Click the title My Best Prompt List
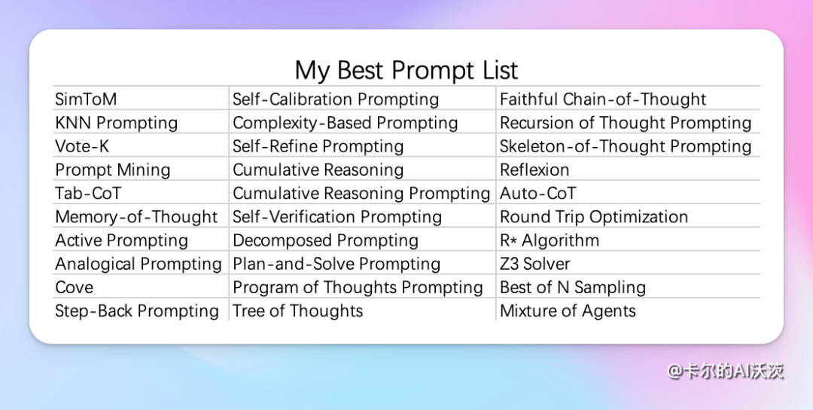point(406,71)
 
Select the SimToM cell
point(86,99)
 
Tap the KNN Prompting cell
point(117,123)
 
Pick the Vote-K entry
point(83,146)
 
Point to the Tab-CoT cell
point(88,194)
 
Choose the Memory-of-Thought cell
point(136,217)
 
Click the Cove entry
point(74,287)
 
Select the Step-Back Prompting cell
point(137,311)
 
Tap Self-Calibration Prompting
point(336,99)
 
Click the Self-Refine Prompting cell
point(318,146)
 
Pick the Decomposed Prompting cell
point(325,240)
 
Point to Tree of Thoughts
point(297,311)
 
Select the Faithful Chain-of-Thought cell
point(603,99)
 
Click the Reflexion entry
point(534,170)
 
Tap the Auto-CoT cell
point(537,194)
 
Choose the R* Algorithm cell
point(550,240)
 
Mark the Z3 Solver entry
point(535,265)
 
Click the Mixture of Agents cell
point(568,311)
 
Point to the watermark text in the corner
point(725,371)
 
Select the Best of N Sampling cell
point(573,287)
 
